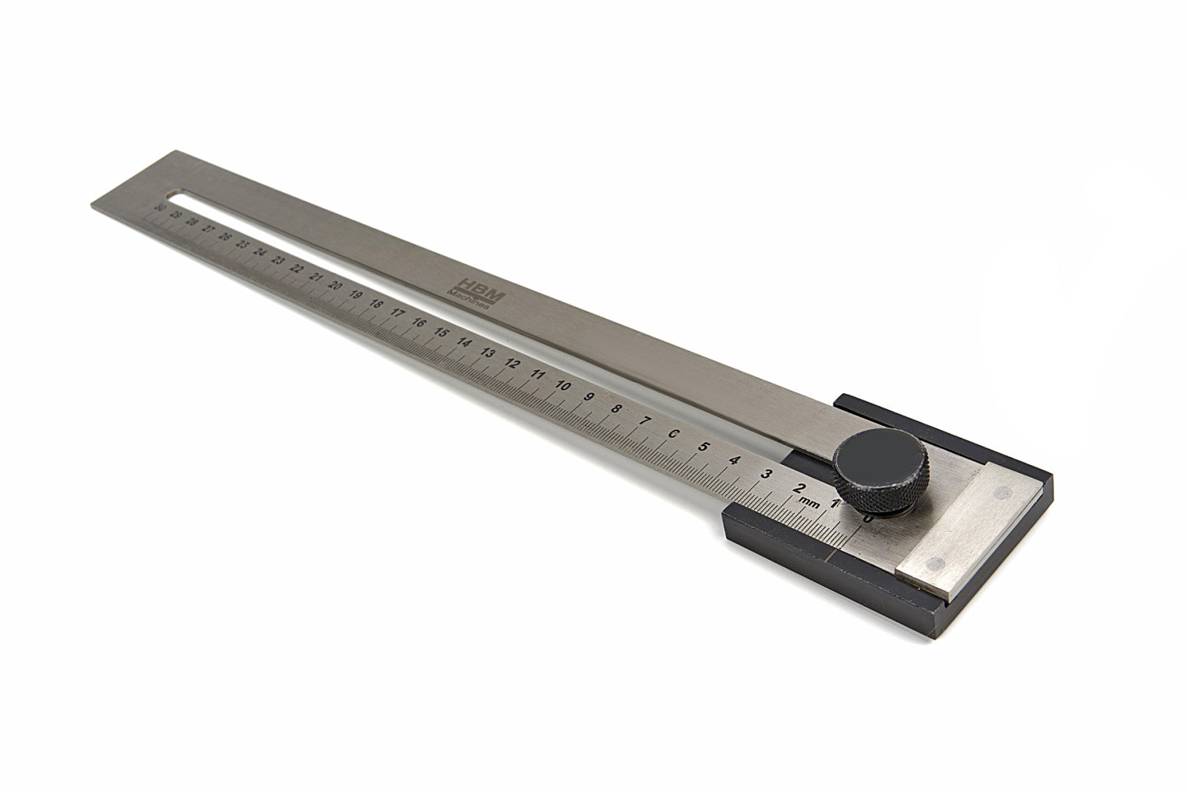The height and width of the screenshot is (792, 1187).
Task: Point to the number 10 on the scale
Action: coord(562,386)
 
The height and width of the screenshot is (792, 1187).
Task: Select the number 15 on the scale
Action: coord(441,332)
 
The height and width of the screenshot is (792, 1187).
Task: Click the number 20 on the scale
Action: coord(335,286)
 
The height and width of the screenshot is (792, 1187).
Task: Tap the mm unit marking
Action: coord(809,502)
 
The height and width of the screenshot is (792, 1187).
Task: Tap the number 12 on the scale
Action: coord(513,364)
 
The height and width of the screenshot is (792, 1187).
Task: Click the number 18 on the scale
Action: coord(376,304)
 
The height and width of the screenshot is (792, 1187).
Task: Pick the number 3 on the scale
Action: coord(767,474)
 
